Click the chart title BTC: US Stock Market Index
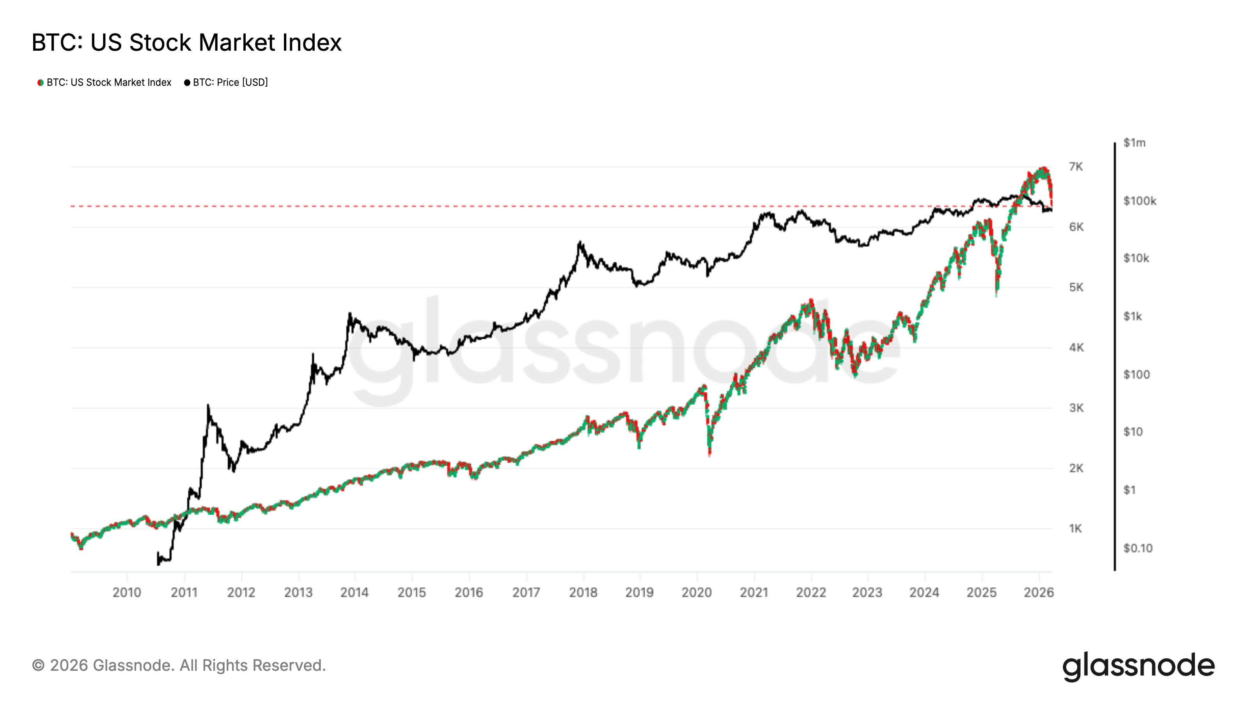[x=186, y=43]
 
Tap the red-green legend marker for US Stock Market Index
[x=41, y=83]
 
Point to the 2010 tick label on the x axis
[x=126, y=592]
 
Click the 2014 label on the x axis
[x=354, y=592]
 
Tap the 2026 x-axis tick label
[x=1038, y=592]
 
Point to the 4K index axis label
[x=1076, y=348]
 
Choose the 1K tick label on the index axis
[x=1075, y=528]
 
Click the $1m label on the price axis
[x=1134, y=143]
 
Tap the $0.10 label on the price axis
[x=1138, y=548]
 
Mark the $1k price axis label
[x=1132, y=317]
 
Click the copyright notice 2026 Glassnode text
[x=179, y=666]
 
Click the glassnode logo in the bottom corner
[x=1138, y=667]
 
